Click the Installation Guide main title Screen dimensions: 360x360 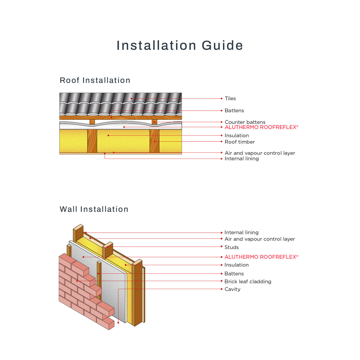[x=180, y=45]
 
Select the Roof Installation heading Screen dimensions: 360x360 [x=95, y=80]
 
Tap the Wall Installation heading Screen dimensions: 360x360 [x=94, y=209]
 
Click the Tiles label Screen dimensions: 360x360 [x=230, y=98]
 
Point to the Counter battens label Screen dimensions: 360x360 [x=245, y=122]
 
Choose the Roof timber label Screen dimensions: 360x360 [x=240, y=142]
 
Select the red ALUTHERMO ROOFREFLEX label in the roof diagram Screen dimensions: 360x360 [x=261, y=127]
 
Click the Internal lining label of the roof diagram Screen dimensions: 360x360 [x=241, y=159]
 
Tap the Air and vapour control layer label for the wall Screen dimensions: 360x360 [x=259, y=239]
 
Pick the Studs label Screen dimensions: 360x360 [x=231, y=247]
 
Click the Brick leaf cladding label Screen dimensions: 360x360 [x=248, y=281]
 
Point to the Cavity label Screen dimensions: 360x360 [x=232, y=289]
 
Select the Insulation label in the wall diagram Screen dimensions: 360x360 [x=236, y=265]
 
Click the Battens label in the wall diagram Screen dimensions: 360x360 [x=234, y=273]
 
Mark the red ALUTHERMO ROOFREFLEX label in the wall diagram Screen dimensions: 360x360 [x=261, y=257]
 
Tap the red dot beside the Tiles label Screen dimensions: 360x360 [x=222, y=98]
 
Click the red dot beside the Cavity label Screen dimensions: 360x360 [x=222, y=289]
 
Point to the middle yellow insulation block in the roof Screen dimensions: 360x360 [x=123, y=141]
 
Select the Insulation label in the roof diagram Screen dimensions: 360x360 [x=237, y=136]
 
